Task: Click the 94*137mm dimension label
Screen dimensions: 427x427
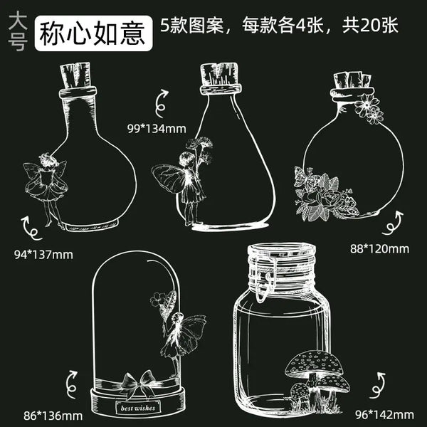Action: coord(43,255)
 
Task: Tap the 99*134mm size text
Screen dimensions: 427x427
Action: coord(157,129)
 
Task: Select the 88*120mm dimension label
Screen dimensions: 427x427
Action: coord(379,249)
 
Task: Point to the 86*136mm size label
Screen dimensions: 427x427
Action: coord(53,416)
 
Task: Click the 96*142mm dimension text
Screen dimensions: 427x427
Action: coord(384,415)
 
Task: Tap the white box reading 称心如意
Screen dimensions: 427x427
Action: coord(93,33)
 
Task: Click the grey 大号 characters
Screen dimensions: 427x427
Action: coord(18,31)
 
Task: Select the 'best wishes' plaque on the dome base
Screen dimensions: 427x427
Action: coord(138,408)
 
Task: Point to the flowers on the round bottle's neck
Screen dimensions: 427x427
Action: coord(369,109)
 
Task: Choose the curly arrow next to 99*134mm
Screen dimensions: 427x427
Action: coord(162,103)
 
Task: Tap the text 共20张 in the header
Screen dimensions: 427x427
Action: coord(370,26)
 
